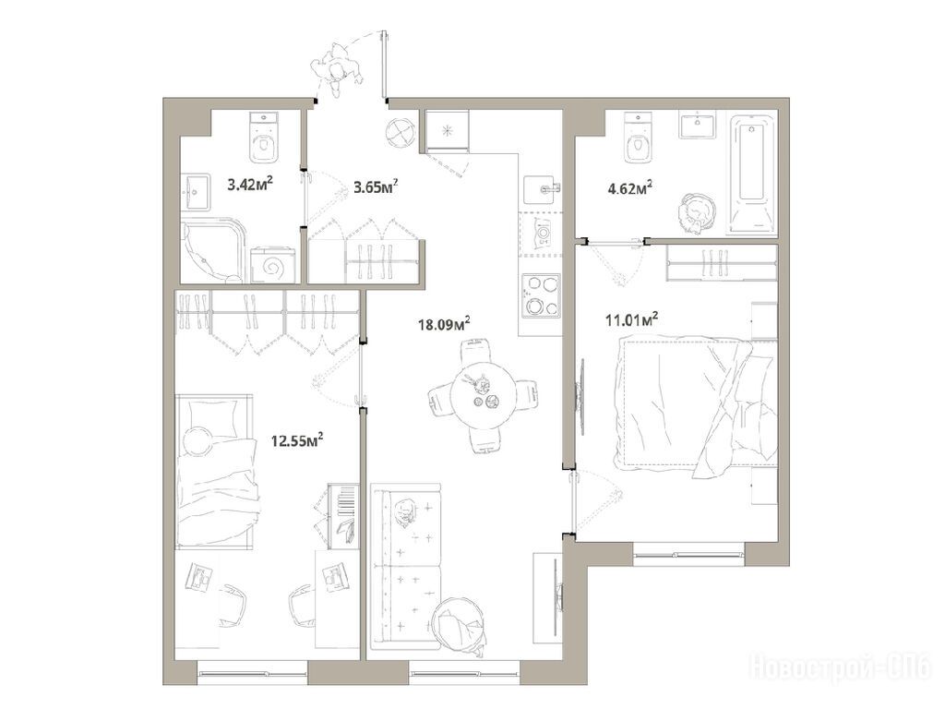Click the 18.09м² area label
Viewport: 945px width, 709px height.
(444, 324)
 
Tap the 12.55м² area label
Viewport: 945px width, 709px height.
(297, 439)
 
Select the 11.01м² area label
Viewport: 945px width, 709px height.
(631, 318)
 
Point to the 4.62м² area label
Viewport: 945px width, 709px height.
(629, 188)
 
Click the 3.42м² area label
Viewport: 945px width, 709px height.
(250, 184)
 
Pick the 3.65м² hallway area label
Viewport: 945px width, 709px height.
(377, 186)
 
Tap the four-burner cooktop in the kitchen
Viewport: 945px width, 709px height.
(541, 295)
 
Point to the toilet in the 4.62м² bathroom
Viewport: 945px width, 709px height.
(639, 138)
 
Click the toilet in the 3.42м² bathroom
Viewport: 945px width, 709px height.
(263, 138)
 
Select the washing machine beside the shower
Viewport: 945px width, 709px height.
(274, 264)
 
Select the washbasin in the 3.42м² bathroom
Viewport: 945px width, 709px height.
(197, 192)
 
